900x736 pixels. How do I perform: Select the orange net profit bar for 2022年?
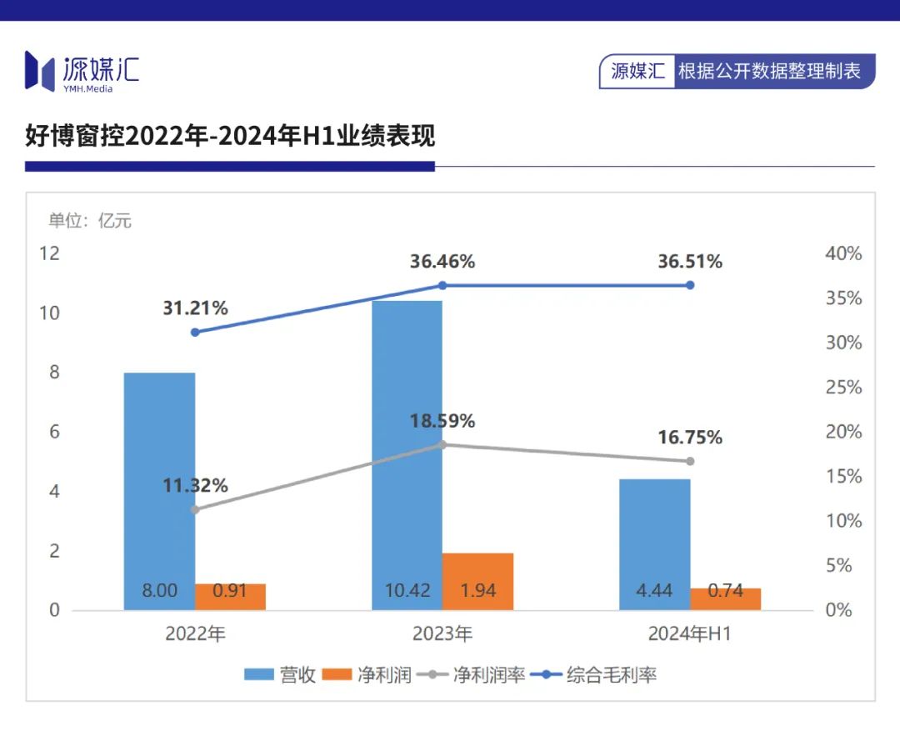pyautogui.click(x=230, y=596)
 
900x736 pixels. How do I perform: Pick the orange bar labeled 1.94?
pyautogui.click(x=477, y=581)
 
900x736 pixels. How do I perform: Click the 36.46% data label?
pyautogui.click(x=442, y=262)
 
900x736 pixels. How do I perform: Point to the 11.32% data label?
pyautogui.click(x=195, y=486)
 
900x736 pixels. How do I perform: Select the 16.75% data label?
pyautogui.click(x=690, y=438)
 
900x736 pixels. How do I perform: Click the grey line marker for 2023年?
pyautogui.click(x=442, y=444)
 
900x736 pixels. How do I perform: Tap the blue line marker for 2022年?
pyautogui.click(x=195, y=332)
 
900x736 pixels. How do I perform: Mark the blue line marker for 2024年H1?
pyautogui.click(x=690, y=285)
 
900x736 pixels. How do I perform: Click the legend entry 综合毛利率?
pyautogui.click(x=611, y=675)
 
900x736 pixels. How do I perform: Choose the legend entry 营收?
pyautogui.click(x=297, y=675)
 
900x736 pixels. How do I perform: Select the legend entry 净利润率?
pyautogui.click(x=488, y=675)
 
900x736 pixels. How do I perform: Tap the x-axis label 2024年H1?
pyautogui.click(x=690, y=634)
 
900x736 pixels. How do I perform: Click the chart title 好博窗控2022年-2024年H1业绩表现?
pyautogui.click(x=230, y=136)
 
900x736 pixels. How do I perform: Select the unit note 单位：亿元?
pyautogui.click(x=90, y=221)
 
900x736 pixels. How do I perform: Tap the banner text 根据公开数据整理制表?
pyautogui.click(x=769, y=71)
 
